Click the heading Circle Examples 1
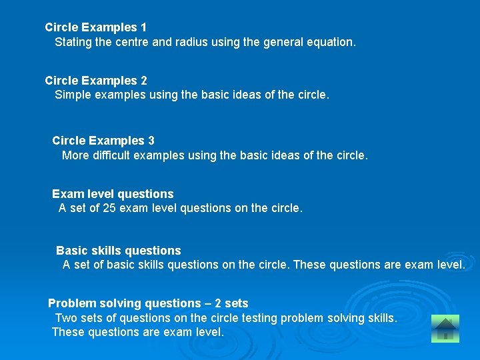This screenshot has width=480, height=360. click(x=95, y=27)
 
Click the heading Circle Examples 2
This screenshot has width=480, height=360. click(x=95, y=81)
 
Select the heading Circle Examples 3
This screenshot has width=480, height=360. click(x=103, y=141)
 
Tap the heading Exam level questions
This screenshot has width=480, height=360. click(x=113, y=194)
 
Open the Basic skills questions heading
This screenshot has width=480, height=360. click(x=118, y=251)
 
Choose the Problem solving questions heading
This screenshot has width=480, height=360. click(x=147, y=303)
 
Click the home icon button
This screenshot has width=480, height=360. click(x=445, y=328)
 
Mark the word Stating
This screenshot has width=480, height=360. click(x=74, y=42)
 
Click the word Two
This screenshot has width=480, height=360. click(x=66, y=318)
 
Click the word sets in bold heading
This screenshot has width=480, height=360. click(x=237, y=303)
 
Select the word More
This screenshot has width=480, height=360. click(x=75, y=155)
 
